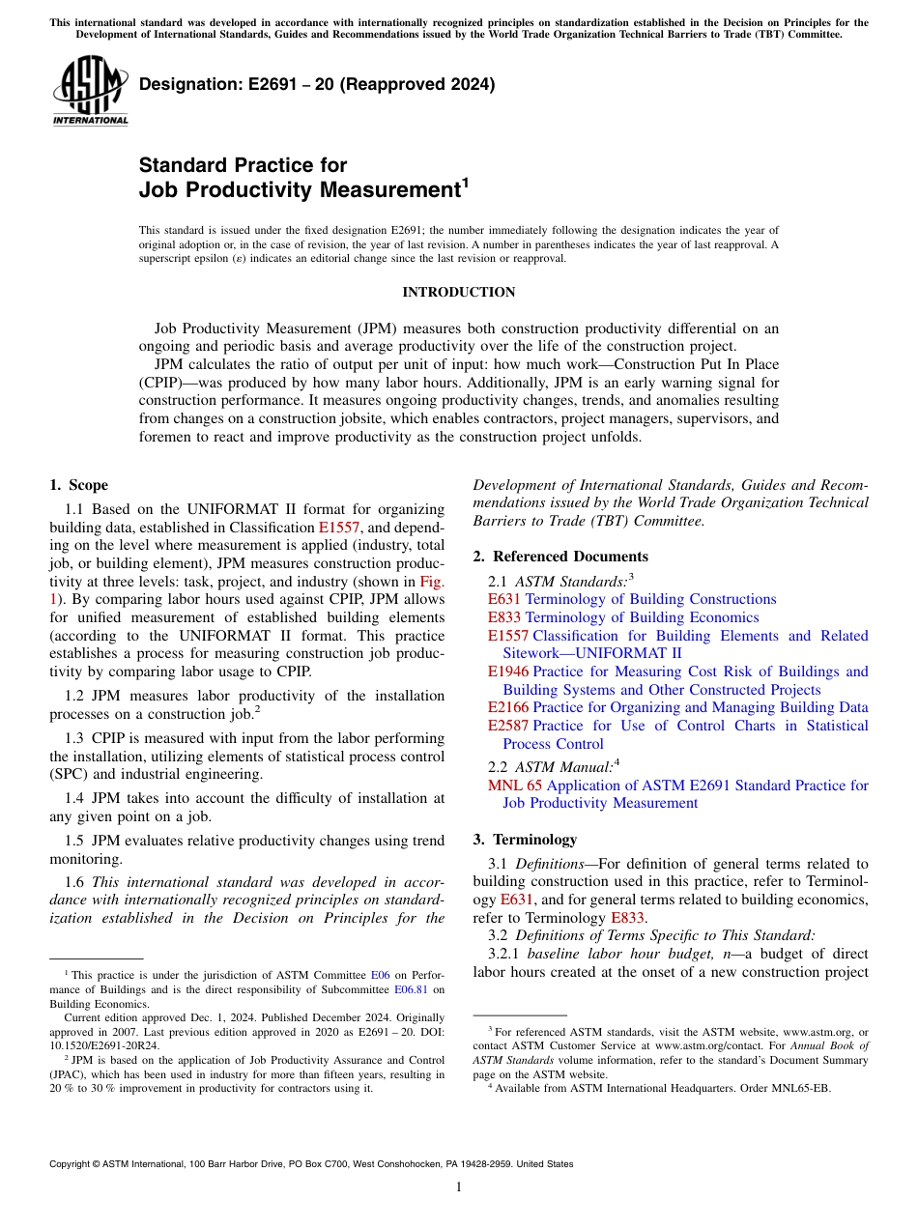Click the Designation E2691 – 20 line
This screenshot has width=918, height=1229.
tap(317, 84)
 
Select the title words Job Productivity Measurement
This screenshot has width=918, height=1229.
tap(299, 190)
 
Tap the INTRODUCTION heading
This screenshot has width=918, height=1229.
tap(458, 292)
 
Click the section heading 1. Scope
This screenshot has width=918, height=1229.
tap(78, 485)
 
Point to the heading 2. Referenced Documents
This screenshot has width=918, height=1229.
tap(560, 557)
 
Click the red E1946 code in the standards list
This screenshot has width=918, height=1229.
tap(507, 672)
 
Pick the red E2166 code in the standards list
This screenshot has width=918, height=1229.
tap(507, 707)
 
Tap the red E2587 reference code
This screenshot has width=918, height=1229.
tap(507, 726)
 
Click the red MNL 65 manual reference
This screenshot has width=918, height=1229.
tap(514, 786)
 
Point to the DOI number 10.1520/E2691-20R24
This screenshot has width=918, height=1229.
tap(96, 1044)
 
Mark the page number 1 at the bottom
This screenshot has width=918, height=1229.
tap(458, 1187)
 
